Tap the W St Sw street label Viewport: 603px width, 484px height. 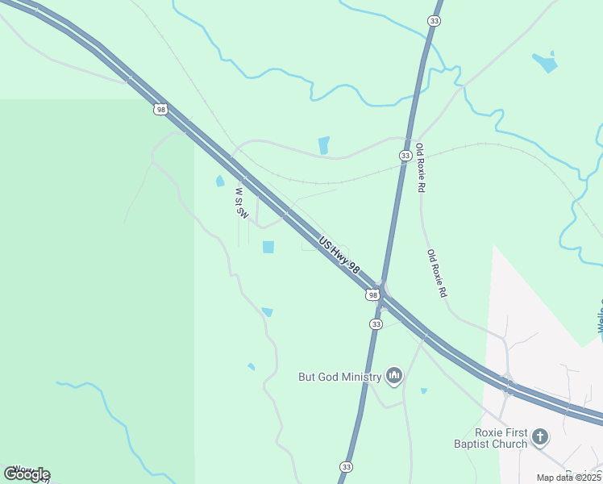pos(240,203)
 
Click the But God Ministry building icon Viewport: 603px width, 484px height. pos(394,376)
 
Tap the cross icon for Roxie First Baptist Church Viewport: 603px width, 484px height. pos(540,437)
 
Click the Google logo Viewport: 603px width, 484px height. pos(27,474)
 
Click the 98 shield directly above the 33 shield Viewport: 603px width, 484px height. pos(372,295)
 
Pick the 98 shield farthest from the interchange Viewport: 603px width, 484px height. pos(161,109)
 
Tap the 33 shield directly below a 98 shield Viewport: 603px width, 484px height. pos(376,323)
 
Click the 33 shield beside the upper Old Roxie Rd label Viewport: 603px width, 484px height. pos(405,155)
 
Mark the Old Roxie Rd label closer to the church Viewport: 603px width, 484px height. pos(437,274)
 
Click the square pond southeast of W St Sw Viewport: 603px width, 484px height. pos(268,247)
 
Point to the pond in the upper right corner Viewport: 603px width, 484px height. pos(546,62)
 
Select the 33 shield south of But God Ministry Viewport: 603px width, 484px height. pos(346,467)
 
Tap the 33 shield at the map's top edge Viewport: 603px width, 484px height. pos(435,21)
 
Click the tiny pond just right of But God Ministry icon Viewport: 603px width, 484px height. pos(424,391)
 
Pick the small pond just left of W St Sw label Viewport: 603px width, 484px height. pos(220,181)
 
